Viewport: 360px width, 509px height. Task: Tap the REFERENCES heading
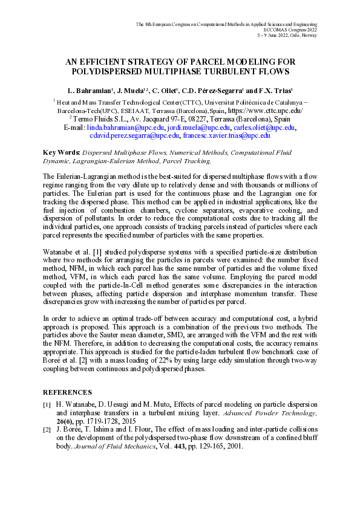[x=67, y=392]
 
